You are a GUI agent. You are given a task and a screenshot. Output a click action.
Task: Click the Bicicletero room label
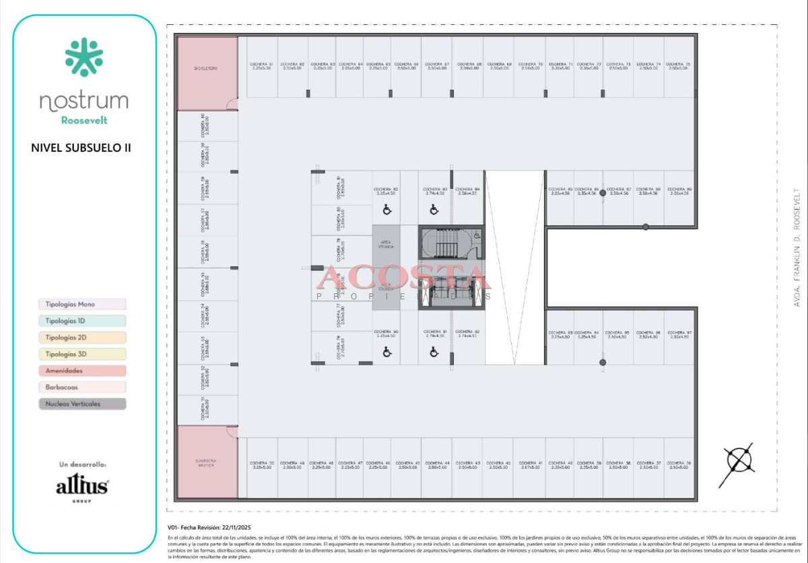coord(206,69)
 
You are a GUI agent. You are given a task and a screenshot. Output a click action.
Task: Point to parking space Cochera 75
coord(678,66)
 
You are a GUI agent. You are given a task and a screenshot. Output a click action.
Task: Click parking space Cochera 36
coord(678,465)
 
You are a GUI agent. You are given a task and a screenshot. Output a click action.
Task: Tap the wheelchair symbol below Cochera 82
coord(387,210)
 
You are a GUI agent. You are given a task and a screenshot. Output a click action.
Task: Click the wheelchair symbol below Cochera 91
coord(434,351)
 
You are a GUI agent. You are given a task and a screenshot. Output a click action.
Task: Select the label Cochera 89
coord(679,191)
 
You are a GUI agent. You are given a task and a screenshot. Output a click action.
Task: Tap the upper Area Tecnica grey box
coord(386,245)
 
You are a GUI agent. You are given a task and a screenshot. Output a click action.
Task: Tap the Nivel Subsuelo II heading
coord(81,146)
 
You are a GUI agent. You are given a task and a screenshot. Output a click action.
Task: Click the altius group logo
coord(81,487)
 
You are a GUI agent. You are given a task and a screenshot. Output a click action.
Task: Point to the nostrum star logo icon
coord(84,57)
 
